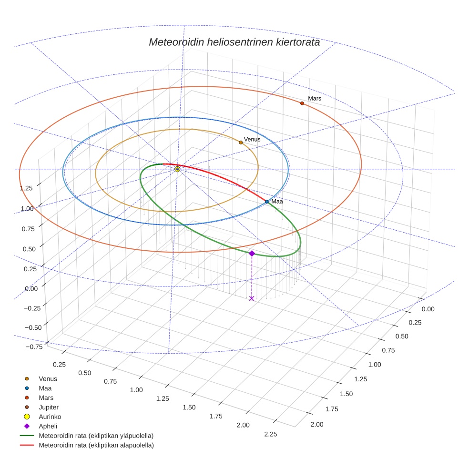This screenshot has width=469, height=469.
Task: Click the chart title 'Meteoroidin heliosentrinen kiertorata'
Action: tap(234, 42)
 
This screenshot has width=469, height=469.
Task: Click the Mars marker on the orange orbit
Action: tap(302, 103)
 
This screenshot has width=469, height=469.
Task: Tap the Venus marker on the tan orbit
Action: tap(241, 143)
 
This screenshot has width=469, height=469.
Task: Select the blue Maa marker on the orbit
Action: tap(267, 202)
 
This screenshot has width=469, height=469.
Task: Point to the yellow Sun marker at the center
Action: tap(177, 169)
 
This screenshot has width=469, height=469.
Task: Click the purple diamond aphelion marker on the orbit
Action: tap(252, 254)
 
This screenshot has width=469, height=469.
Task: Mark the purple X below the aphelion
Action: tap(252, 298)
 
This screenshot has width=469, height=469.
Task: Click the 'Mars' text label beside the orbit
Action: tap(315, 99)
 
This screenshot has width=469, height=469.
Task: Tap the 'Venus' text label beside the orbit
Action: tap(252, 140)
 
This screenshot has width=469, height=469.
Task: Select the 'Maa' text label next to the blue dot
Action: tap(277, 202)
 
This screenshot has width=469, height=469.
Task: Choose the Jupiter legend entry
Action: tap(48, 407)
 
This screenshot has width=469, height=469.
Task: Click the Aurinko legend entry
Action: tap(50, 417)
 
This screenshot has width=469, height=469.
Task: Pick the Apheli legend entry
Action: tap(48, 426)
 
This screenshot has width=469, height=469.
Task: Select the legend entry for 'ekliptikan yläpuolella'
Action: tap(96, 436)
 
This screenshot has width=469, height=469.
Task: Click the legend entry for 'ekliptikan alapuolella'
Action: tap(96, 445)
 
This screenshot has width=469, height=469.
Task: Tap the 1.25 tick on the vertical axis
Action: tap(26, 187)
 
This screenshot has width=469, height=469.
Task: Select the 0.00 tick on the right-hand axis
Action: tap(428, 309)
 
